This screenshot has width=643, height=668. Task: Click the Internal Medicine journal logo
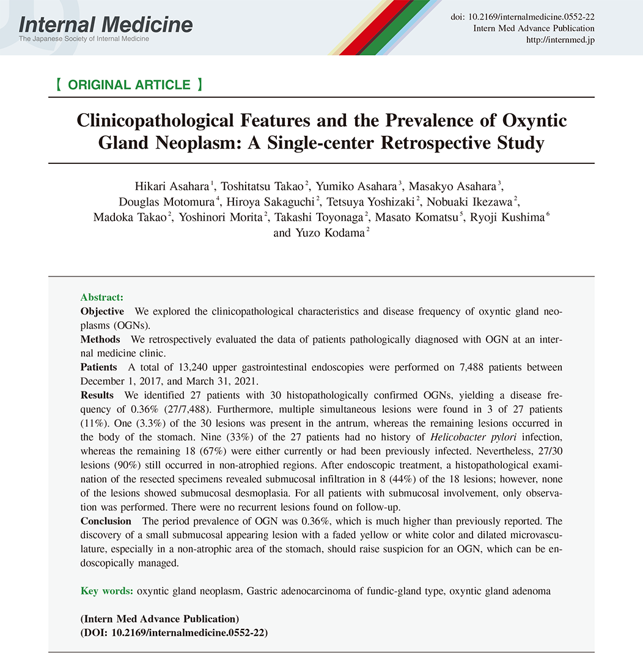(106, 25)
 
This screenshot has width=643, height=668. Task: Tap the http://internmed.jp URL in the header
(560, 40)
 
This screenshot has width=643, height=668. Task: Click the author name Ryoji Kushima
(507, 218)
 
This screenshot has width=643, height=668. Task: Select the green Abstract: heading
(101, 297)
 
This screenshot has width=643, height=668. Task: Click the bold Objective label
(102, 311)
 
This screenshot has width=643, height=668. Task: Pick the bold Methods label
(100, 340)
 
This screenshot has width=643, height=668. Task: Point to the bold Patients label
(98, 368)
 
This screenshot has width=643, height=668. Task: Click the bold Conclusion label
(106, 521)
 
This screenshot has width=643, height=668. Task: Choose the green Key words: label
(107, 591)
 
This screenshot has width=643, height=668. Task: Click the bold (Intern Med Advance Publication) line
(160, 619)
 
